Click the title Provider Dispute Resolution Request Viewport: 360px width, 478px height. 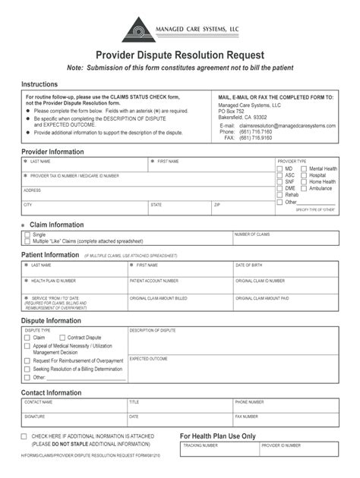click(179, 55)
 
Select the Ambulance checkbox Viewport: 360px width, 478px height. click(305, 187)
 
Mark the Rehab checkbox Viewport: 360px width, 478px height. click(280, 194)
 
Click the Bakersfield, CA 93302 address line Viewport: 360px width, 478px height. click(238, 118)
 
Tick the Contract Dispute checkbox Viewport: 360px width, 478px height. click(63, 337)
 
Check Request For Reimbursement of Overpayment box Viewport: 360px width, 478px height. click(27, 360)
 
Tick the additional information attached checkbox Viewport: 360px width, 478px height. click(25, 437)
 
